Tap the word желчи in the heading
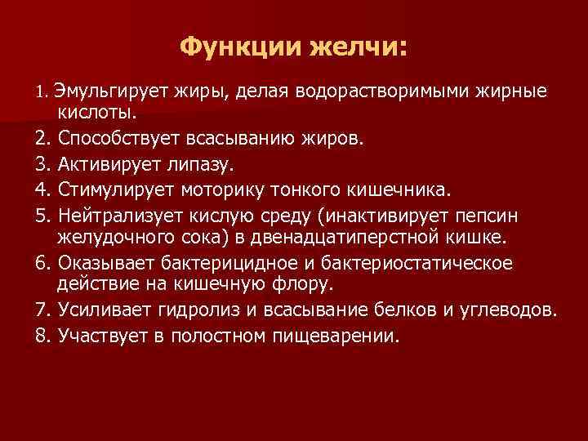[356, 47]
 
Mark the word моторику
[220, 189]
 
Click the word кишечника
[401, 189]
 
